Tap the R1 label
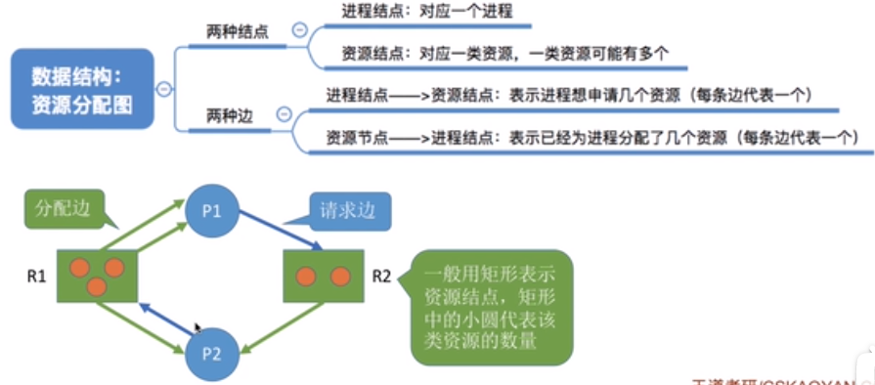pyautogui.click(x=36, y=277)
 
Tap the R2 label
pyautogui.click(x=382, y=277)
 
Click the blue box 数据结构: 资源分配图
pyautogui.click(x=83, y=89)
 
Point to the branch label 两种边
pyautogui.click(x=230, y=116)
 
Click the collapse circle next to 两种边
pyautogui.click(x=284, y=115)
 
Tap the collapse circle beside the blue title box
pyautogui.click(x=164, y=89)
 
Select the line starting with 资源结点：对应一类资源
pyautogui.click(x=504, y=53)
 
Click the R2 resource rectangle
pyautogui.click(x=324, y=276)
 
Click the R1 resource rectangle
pyautogui.click(x=97, y=275)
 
